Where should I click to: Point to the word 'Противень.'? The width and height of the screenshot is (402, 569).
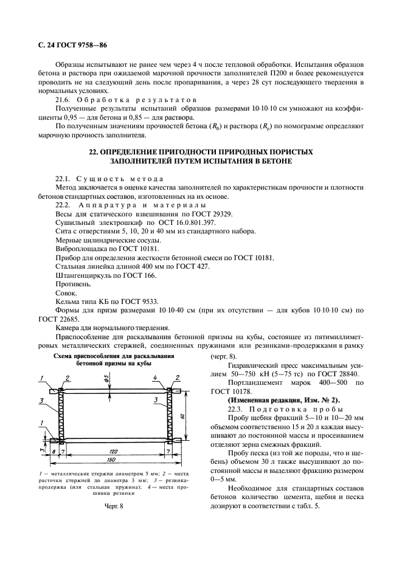(x=74, y=283)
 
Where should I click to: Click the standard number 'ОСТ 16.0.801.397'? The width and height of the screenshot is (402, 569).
(x=169, y=223)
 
